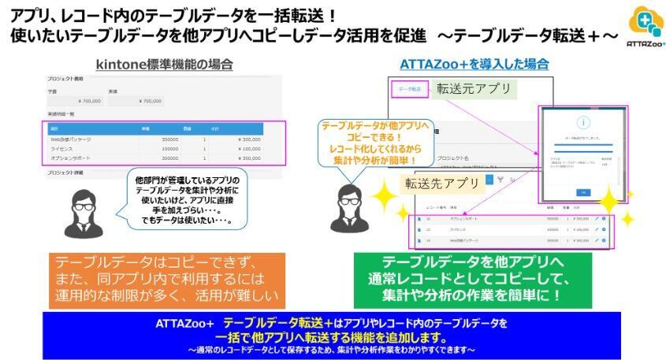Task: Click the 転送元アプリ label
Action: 474,87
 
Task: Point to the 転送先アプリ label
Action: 442,184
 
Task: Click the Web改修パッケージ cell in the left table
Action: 71,139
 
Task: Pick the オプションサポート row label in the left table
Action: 74,158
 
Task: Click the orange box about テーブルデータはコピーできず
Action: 165,280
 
